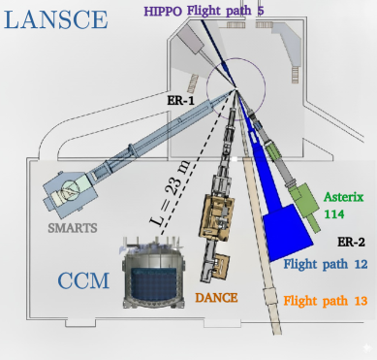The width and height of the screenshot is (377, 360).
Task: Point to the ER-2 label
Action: tap(350, 241)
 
